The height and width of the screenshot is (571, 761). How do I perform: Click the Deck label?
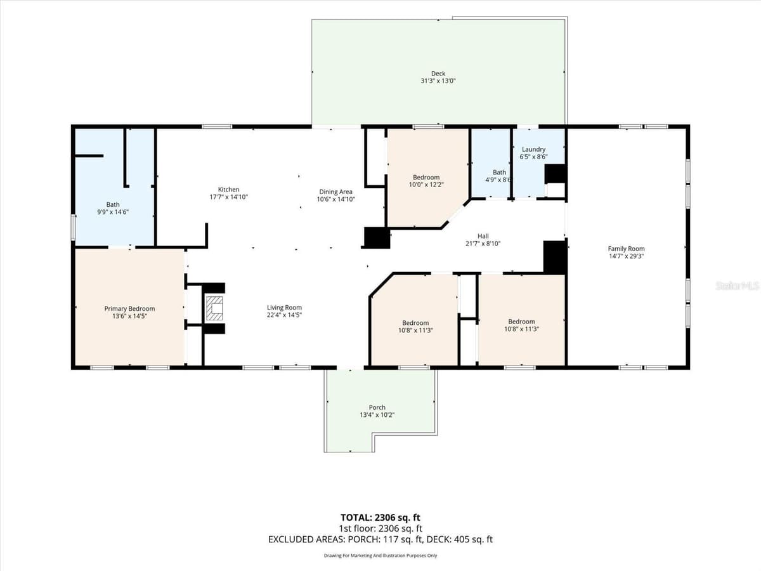[x=438, y=74]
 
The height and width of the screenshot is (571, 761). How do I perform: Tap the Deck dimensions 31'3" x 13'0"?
[x=438, y=81]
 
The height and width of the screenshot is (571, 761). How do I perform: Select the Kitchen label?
[x=228, y=189]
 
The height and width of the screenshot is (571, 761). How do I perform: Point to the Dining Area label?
[x=335, y=192]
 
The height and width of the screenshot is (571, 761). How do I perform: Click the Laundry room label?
[x=533, y=150]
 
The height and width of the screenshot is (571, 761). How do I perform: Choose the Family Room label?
[x=626, y=249]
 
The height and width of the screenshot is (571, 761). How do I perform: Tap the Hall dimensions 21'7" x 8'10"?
[x=483, y=244]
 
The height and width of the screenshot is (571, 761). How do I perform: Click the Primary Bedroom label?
[x=129, y=308]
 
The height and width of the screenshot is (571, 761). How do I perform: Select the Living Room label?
[x=284, y=308]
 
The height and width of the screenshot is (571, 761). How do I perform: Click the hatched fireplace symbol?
[x=214, y=308]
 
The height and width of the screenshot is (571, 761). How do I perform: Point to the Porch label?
[x=377, y=407]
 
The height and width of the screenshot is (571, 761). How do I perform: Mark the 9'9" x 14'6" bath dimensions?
[x=113, y=212]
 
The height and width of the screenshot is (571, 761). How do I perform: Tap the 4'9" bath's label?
[x=499, y=173]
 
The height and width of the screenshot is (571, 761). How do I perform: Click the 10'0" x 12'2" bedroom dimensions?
[x=426, y=185]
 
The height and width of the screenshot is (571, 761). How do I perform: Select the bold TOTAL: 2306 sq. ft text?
[x=380, y=518]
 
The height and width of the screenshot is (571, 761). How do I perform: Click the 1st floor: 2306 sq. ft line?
[x=380, y=528]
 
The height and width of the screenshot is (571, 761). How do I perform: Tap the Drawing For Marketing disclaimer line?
[x=380, y=556]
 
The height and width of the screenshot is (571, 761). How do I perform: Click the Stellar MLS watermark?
[x=737, y=285]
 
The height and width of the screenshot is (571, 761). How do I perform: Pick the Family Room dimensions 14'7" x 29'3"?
[x=626, y=256]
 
